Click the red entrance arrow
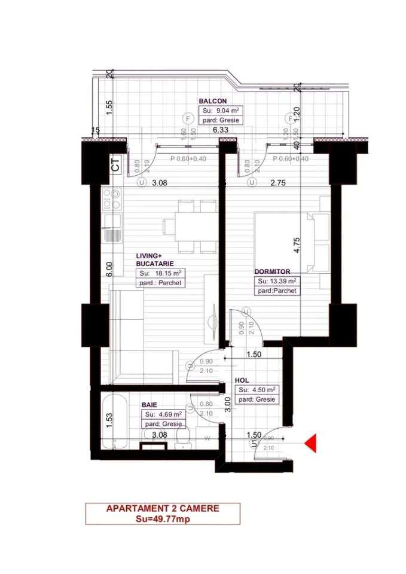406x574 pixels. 310,443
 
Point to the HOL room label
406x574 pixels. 242,380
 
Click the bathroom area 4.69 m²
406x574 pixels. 161,414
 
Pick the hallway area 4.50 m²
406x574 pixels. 256,390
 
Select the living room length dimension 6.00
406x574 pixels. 108,269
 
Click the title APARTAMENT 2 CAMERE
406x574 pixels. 163,509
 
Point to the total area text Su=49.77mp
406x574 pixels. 163,519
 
